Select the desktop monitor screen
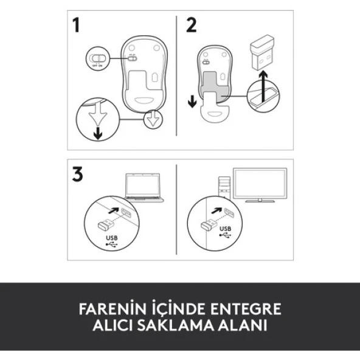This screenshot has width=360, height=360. [x=260, y=184]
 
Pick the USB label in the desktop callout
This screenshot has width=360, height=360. [x=226, y=230]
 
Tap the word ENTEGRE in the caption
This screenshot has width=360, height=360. [x=249, y=308]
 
